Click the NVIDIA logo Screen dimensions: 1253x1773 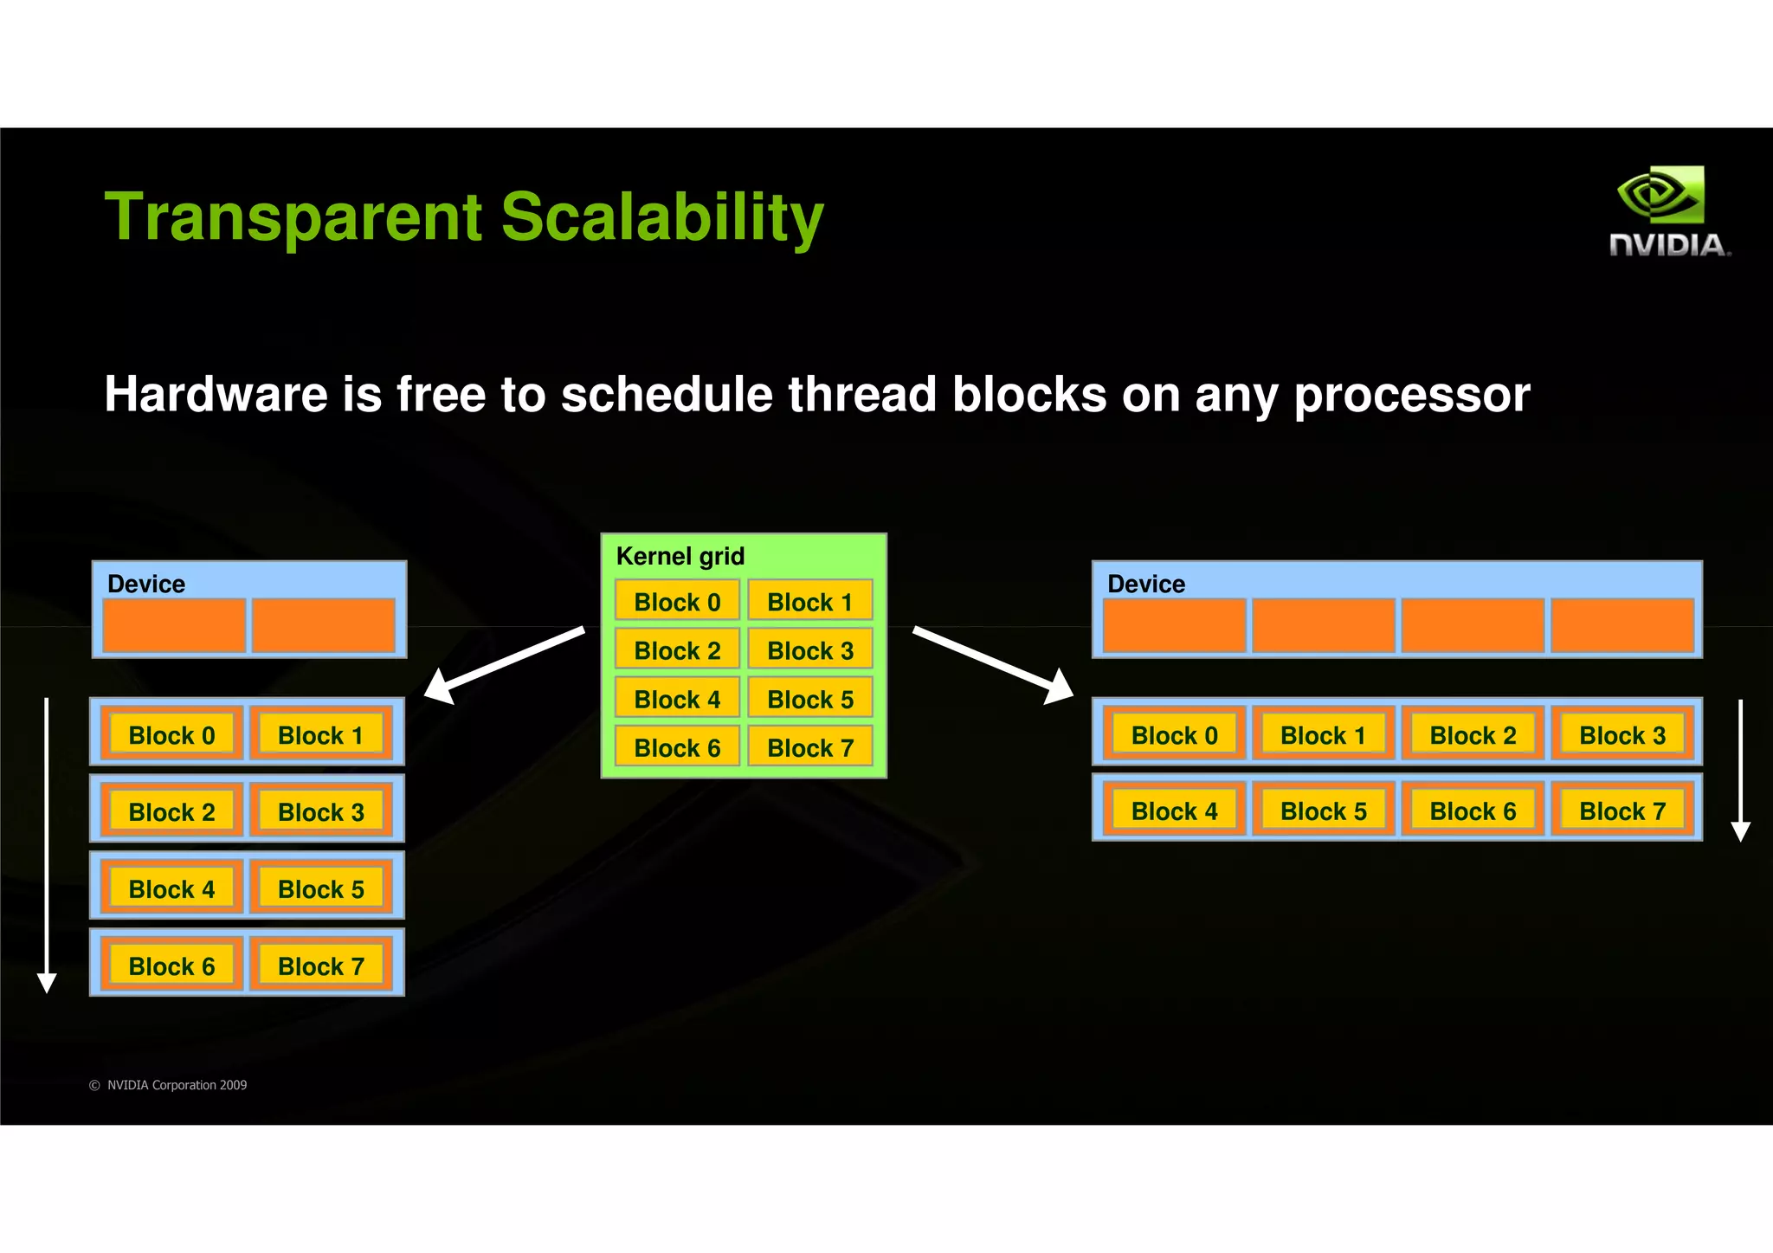point(1669,212)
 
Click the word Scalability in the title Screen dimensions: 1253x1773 point(662,217)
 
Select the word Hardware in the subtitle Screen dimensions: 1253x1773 point(215,395)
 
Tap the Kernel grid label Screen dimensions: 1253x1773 point(680,556)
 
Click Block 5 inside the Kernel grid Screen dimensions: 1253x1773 point(809,699)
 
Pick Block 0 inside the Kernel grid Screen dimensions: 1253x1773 point(677,602)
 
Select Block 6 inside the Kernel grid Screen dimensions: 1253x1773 point(677,747)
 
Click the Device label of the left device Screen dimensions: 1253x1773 point(145,584)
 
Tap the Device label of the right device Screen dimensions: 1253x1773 point(1145,584)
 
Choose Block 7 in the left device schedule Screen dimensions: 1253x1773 point(320,966)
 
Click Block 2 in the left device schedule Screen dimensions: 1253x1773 point(171,811)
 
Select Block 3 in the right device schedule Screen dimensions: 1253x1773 point(1621,735)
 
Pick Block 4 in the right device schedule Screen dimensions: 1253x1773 point(1174,811)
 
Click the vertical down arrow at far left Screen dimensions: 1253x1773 point(47,844)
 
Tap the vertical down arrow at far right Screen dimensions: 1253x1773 point(1740,771)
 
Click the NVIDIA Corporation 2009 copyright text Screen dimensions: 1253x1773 point(169,1085)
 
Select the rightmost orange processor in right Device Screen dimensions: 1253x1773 point(1621,624)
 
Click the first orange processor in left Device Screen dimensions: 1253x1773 point(174,624)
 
